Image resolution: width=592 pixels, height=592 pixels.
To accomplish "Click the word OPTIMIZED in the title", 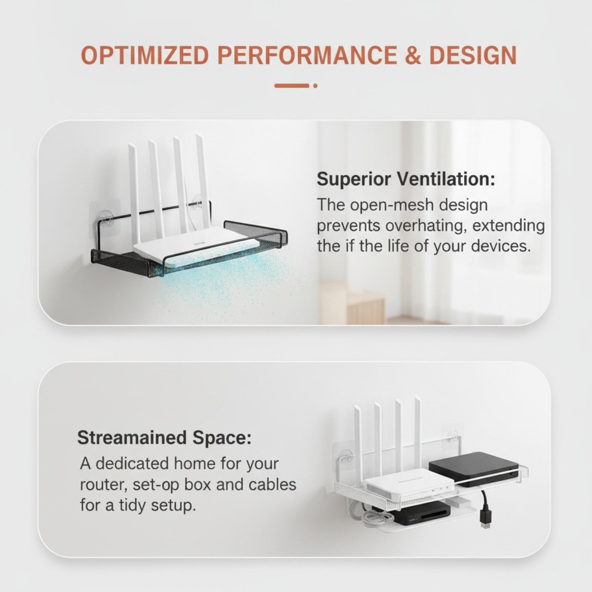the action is (x=145, y=55).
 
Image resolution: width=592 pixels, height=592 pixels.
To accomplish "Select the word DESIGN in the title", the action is (x=472, y=55).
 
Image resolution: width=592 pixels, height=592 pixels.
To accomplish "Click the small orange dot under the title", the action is (x=315, y=86).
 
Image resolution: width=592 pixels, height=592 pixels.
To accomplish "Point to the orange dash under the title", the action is (x=292, y=86).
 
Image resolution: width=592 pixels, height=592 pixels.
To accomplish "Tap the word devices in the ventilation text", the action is (x=501, y=246).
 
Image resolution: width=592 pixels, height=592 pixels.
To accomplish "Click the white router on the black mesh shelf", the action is (x=196, y=246).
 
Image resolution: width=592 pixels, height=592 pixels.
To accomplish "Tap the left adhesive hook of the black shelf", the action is (x=105, y=218).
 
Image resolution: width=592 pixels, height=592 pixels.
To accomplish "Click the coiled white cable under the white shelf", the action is (x=370, y=516).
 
